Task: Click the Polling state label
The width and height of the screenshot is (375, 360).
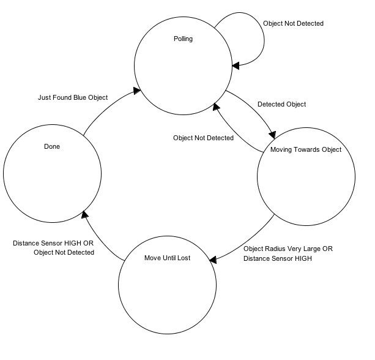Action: (x=183, y=39)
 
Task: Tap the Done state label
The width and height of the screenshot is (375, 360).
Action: (x=52, y=147)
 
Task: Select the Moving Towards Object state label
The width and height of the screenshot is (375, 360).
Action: (x=305, y=149)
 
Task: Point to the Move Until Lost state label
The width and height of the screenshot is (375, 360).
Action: (x=167, y=258)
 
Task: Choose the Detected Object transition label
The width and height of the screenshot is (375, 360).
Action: (x=281, y=104)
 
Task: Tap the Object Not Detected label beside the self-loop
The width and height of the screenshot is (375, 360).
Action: (x=293, y=23)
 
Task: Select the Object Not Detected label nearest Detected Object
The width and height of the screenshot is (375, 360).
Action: (x=203, y=138)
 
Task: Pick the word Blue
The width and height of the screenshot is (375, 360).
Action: (x=80, y=98)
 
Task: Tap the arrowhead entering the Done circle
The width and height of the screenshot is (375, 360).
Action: (x=86, y=214)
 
